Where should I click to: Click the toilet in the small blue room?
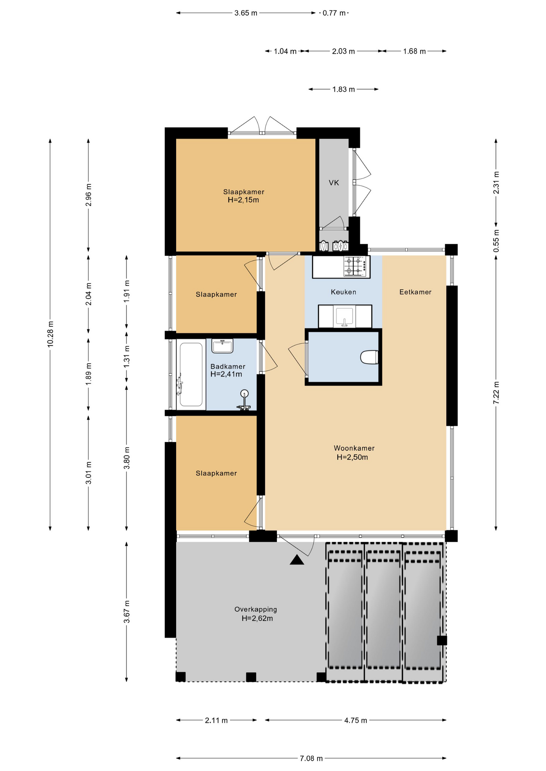click(x=369, y=357)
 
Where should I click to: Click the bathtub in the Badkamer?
click(x=191, y=375)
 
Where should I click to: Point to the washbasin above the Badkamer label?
click(x=222, y=346)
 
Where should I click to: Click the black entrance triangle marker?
click(x=297, y=560)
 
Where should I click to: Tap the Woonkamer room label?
click(x=354, y=448)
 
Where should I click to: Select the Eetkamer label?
click(x=415, y=292)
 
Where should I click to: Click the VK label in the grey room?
click(x=334, y=183)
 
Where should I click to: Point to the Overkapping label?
click(x=256, y=609)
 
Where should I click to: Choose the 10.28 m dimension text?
click(x=50, y=334)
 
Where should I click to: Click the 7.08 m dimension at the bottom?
click(x=311, y=758)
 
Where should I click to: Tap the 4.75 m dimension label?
click(x=355, y=720)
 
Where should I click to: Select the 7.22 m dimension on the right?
click(x=496, y=393)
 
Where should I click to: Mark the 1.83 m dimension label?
click(x=343, y=89)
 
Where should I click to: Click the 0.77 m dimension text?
click(x=334, y=13)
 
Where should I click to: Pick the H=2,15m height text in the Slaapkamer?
click(x=243, y=200)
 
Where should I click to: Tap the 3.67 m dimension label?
click(x=127, y=612)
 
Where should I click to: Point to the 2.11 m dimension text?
click(x=216, y=720)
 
